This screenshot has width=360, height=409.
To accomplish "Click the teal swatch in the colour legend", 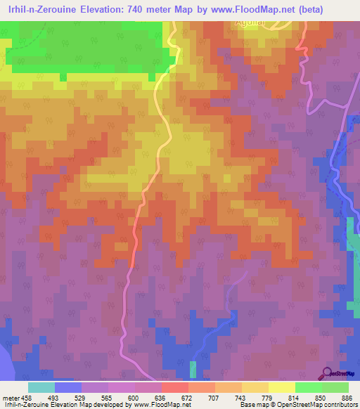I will coord(41,387).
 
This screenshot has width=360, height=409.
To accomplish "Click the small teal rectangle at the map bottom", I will coord(193,369).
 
